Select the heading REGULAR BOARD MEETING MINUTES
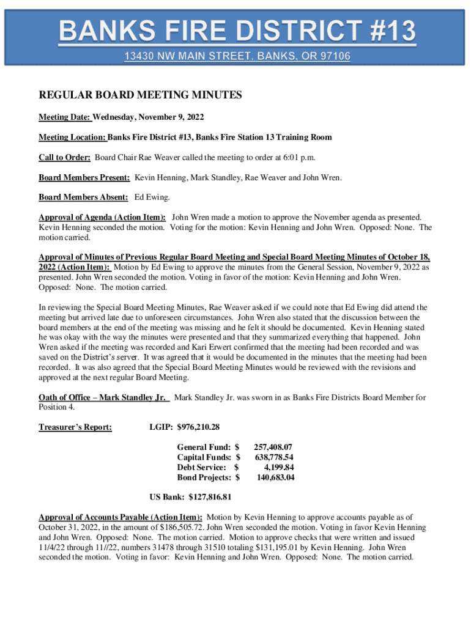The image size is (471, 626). tap(141, 95)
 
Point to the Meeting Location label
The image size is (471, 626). tap(73, 137)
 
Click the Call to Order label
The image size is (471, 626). tap(65, 157)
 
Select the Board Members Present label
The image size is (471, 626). tap(84, 177)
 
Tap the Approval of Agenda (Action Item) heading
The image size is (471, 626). tap(102, 217)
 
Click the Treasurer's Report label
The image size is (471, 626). tap(75, 427)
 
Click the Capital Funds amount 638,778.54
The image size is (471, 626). tap(273, 457)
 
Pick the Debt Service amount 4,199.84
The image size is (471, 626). tap(278, 468)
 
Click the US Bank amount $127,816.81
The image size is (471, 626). tap(210, 497)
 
